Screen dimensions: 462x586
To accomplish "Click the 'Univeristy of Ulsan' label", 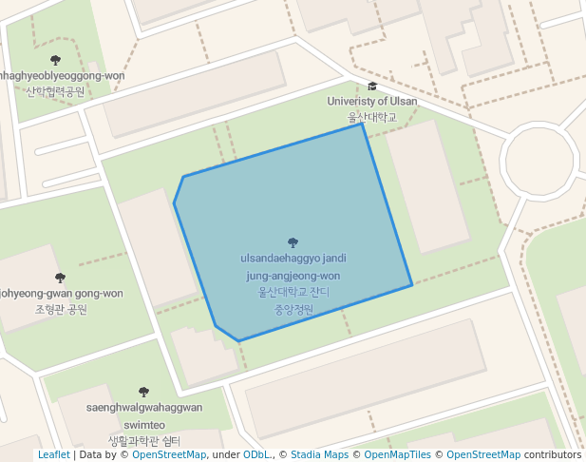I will coord(371,101).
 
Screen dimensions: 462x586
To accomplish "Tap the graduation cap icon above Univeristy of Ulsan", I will coord(372,87).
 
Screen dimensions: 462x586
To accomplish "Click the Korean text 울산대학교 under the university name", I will coord(371,117).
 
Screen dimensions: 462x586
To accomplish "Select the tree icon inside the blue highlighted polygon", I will coord(292,243).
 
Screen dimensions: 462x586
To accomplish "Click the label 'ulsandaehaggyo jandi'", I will coord(293,259).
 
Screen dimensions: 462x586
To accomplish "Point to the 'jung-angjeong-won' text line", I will coord(293,276).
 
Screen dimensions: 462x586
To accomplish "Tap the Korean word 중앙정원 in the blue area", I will coord(293,309).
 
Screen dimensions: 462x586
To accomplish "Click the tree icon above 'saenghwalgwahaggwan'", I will coord(143,392).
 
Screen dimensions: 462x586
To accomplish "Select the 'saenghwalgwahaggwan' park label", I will coord(144,408).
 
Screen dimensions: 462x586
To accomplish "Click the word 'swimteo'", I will coord(144,425).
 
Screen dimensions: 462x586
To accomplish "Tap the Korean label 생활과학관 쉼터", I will coord(144,441).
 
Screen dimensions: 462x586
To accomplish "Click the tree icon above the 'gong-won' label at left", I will coord(60,278).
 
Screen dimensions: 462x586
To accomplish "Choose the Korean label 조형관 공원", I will coord(61,310).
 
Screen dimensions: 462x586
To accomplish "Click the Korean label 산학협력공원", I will coord(55,92).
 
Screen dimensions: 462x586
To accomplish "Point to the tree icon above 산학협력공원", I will coord(55,61).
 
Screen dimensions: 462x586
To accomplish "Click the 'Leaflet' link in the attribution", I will coord(54,455).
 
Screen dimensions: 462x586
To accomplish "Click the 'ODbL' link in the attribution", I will coord(256,455).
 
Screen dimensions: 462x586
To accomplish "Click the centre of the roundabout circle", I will coord(539,162).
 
